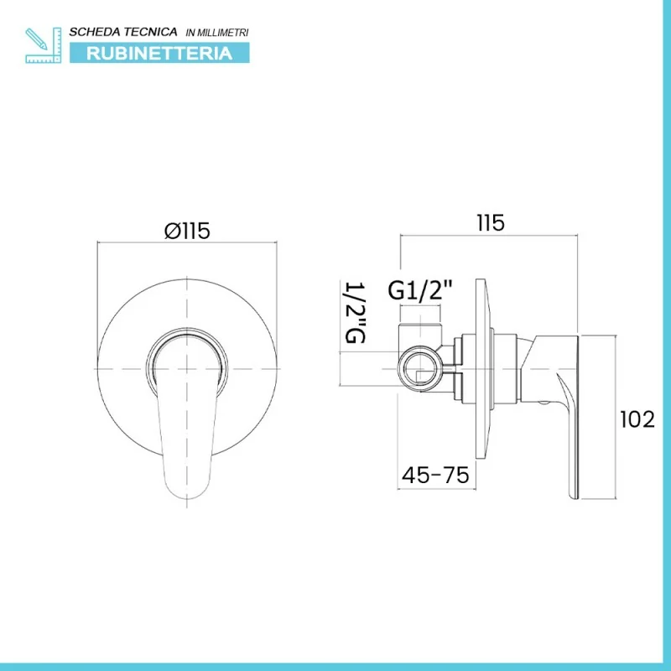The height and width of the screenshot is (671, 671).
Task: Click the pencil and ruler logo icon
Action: pyautogui.click(x=44, y=45)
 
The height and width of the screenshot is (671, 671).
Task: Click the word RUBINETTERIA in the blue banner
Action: pyautogui.click(x=159, y=54)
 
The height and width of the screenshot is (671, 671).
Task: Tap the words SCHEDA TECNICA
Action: pyautogui.click(x=123, y=32)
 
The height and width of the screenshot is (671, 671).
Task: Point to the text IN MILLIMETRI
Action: pyautogui.click(x=217, y=33)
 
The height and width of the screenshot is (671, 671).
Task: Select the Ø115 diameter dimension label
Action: pyautogui.click(x=187, y=231)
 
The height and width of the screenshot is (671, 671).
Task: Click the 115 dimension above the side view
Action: pyautogui.click(x=491, y=223)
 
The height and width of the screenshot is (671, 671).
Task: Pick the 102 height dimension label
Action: pyautogui.click(x=637, y=419)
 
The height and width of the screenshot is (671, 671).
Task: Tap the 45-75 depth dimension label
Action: pyautogui.click(x=435, y=475)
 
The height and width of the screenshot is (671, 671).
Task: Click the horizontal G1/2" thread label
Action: pyautogui.click(x=420, y=290)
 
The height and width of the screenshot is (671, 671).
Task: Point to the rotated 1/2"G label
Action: pyautogui.click(x=355, y=312)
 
